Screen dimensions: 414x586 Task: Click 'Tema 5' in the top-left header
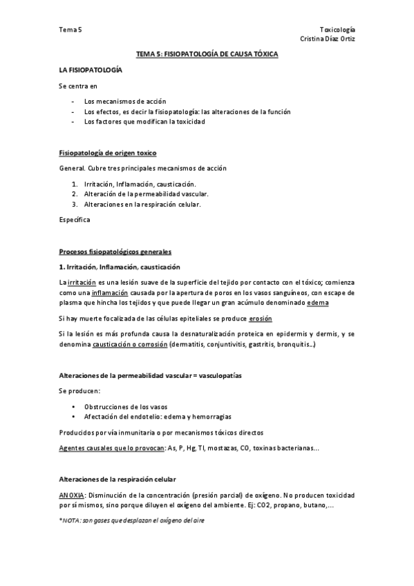point(70,30)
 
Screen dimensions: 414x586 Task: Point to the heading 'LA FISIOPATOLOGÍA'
point(91,70)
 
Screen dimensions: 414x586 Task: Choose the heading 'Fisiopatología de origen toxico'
point(112,153)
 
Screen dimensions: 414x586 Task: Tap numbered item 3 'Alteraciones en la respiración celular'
point(142,205)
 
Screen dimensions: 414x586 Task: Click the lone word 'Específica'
point(75,220)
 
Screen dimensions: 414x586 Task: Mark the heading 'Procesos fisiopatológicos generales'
point(115,252)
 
